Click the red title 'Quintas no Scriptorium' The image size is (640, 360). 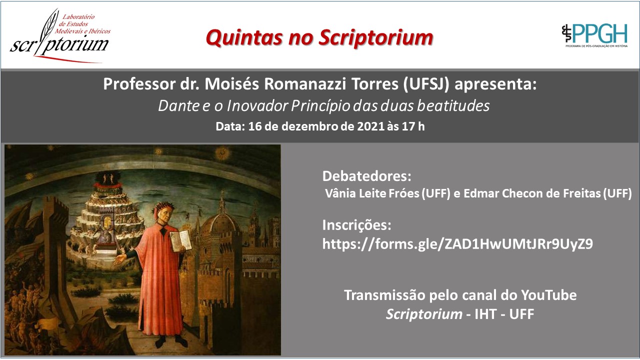pyautogui.click(x=319, y=38)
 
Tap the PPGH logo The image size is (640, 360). pyautogui.click(x=594, y=35)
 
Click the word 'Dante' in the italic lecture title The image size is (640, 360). pyautogui.click(x=178, y=105)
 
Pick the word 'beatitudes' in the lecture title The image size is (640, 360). pyautogui.click(x=453, y=105)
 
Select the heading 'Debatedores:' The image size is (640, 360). pyautogui.click(x=367, y=176)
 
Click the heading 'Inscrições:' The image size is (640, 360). pyautogui.click(x=356, y=225)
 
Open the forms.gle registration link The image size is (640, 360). pyautogui.click(x=457, y=244)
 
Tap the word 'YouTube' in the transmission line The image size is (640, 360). pyautogui.click(x=548, y=295)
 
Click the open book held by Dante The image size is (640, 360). pyautogui.click(x=181, y=241)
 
